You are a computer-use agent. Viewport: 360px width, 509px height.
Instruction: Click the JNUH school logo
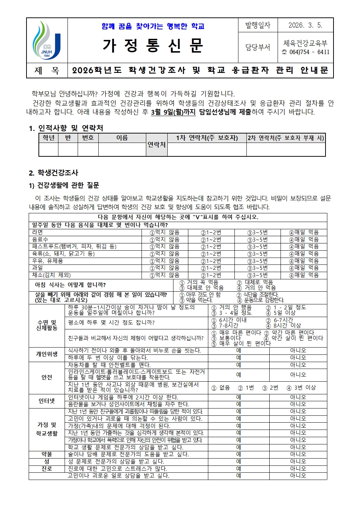point(47,40)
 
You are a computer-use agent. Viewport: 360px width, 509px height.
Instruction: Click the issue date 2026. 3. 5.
point(305,25)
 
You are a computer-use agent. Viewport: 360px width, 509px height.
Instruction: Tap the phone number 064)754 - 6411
point(309,52)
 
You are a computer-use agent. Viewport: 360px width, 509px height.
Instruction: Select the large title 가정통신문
point(153,46)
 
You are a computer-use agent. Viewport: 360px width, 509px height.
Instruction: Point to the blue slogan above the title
point(153,26)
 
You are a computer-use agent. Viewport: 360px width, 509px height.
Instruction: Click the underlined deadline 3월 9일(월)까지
point(173,112)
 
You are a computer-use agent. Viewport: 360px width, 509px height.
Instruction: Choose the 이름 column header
point(122,138)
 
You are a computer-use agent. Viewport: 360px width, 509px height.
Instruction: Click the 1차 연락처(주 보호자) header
point(207,138)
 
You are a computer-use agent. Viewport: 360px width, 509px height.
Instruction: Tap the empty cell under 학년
point(48,149)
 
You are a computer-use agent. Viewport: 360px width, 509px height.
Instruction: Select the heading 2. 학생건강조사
point(53,173)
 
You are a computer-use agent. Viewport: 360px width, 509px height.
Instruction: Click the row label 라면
point(38,232)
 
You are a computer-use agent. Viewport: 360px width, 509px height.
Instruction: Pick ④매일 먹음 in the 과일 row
point(304,268)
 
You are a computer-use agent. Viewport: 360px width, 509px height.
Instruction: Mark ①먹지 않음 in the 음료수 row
point(165,239)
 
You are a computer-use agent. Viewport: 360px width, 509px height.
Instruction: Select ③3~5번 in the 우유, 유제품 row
point(257,261)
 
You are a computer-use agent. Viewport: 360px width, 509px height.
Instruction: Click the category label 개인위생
point(47,354)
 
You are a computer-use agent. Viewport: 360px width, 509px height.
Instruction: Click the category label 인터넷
point(47,401)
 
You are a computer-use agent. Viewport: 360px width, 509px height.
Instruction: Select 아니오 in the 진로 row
point(298,468)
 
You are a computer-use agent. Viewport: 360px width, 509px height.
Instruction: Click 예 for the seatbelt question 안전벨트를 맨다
point(238,365)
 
